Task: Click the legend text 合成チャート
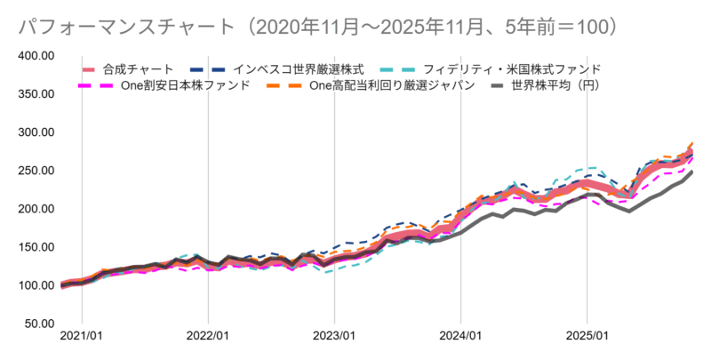tap(138, 68)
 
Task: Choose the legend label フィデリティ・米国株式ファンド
tap(512, 68)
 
